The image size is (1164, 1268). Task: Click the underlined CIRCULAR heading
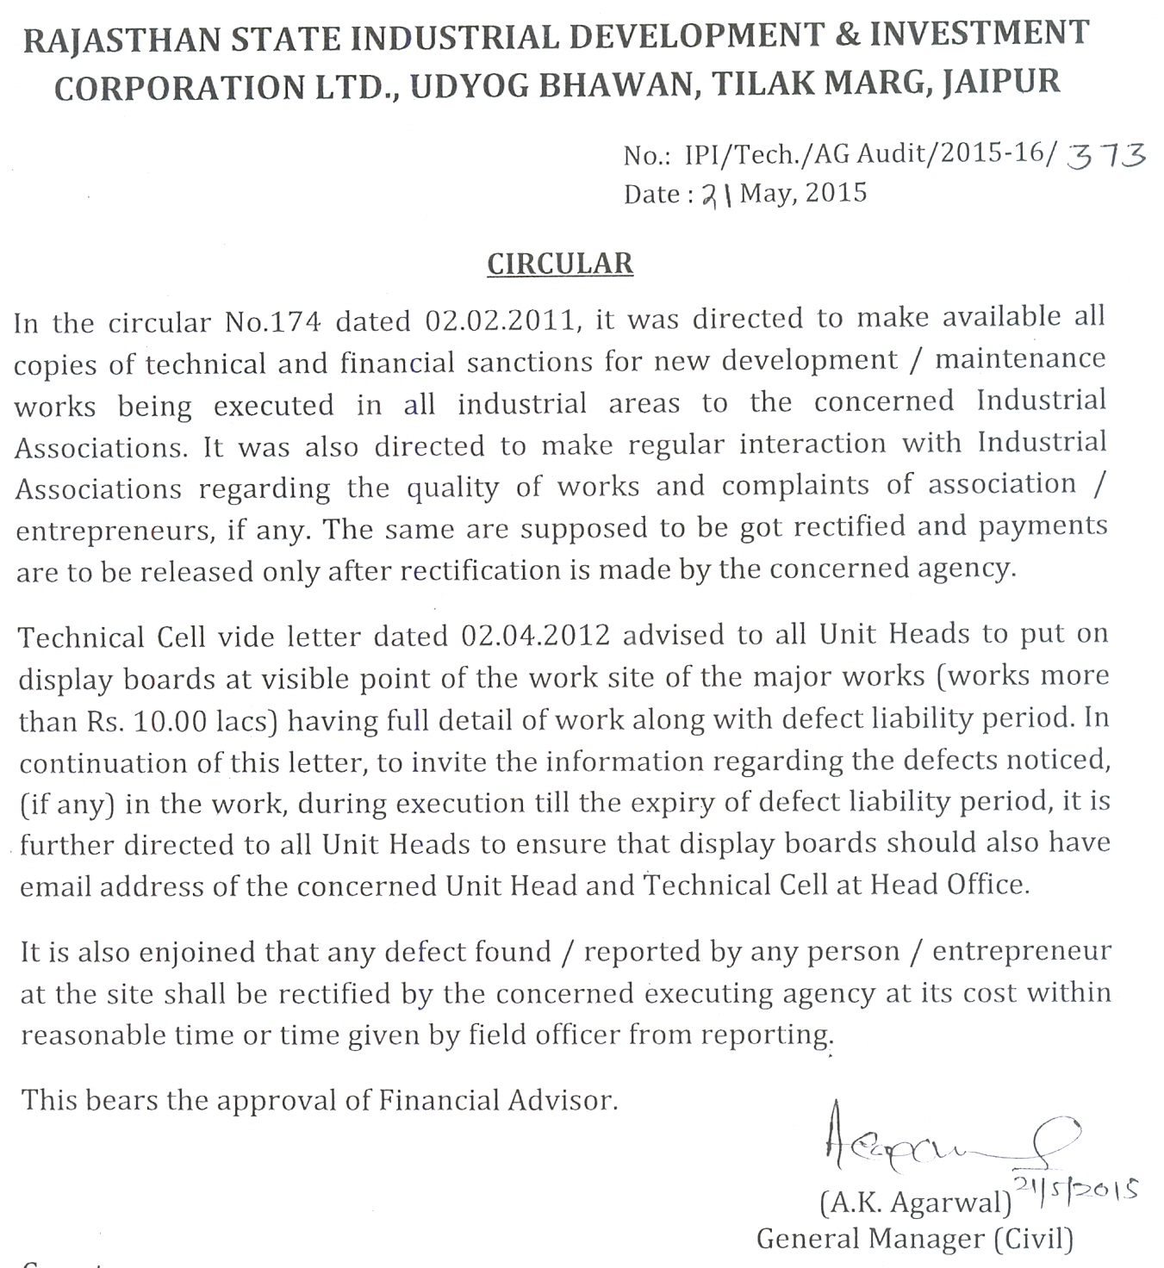click(x=560, y=264)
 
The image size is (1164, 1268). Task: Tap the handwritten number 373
click(x=1106, y=156)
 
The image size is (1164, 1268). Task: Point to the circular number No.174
click(x=272, y=321)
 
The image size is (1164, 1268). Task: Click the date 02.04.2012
click(x=535, y=636)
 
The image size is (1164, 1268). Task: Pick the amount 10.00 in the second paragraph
click(x=171, y=721)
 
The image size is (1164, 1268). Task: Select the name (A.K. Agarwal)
click(x=916, y=1202)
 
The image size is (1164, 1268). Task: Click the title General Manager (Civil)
click(x=915, y=1239)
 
